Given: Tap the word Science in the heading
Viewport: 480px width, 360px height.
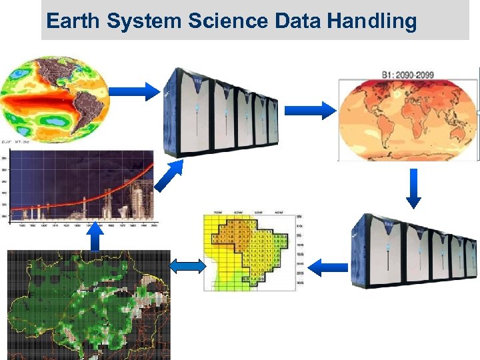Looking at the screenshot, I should [x=220, y=21].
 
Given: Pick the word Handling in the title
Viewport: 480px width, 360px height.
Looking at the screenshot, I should [x=371, y=21].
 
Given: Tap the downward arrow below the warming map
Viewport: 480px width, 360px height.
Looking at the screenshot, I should [x=414, y=187].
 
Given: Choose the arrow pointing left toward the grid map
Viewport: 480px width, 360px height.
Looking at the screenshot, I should [x=329, y=268].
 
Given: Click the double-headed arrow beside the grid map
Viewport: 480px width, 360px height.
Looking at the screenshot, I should [x=187, y=266].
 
